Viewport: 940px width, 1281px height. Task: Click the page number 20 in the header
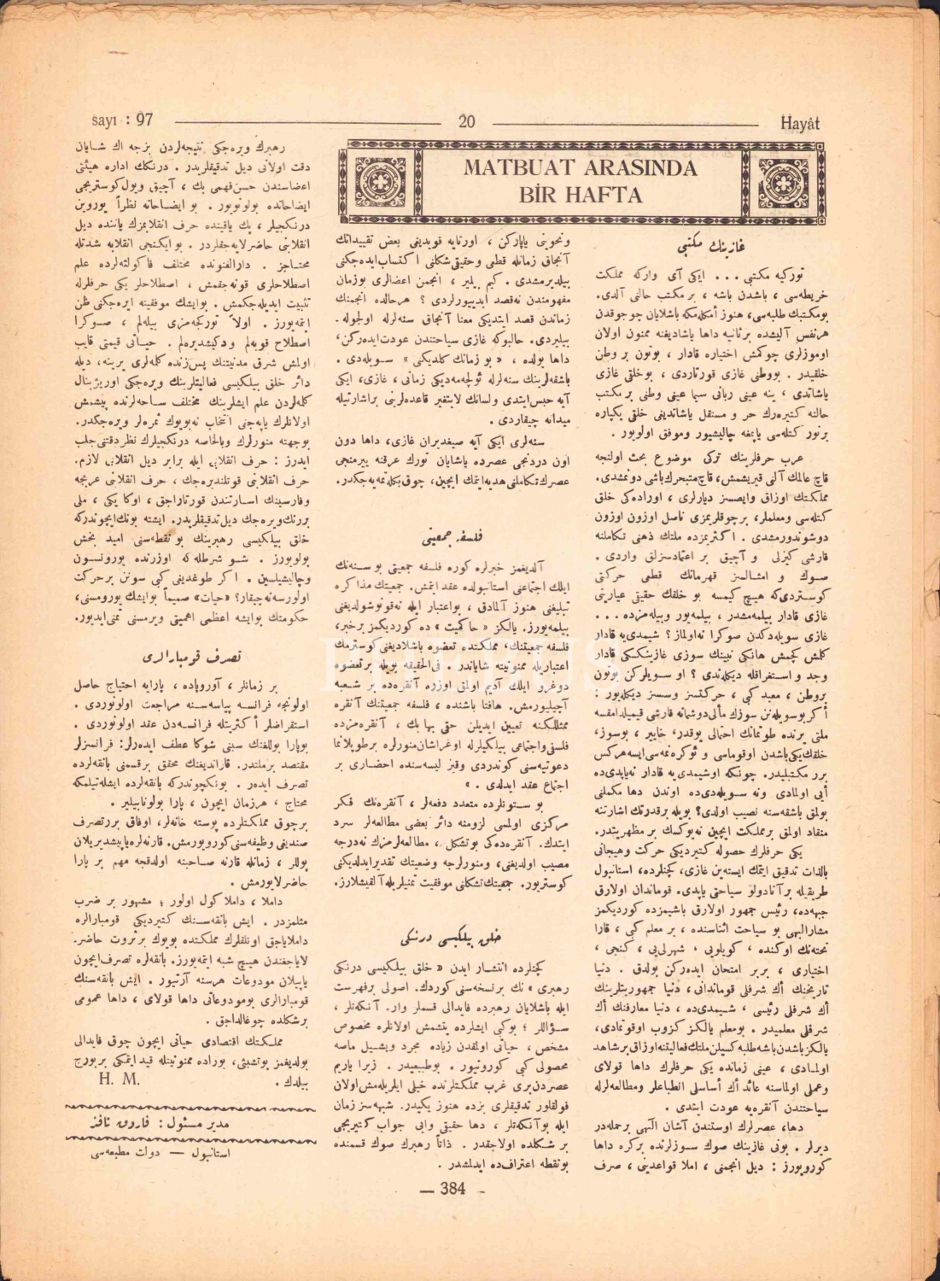coord(466,120)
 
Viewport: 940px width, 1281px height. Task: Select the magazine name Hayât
coord(800,121)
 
